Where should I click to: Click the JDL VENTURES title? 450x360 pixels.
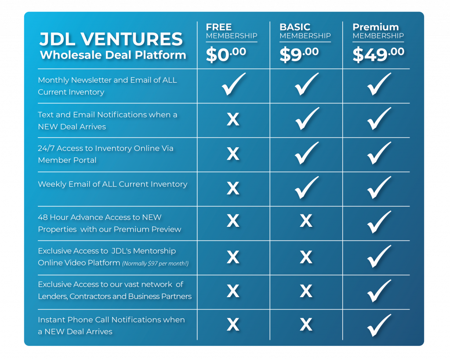[111, 39]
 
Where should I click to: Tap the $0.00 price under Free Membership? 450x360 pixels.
[226, 55]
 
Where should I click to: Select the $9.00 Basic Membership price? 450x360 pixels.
[299, 55]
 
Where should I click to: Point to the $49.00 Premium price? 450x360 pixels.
[378, 55]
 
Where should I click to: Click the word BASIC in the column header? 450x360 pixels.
[295, 27]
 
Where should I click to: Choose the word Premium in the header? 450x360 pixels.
[375, 27]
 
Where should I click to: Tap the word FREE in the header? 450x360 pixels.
[219, 27]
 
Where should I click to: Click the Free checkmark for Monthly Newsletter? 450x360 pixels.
[234, 84]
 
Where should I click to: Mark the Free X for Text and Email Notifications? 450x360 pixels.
[233, 119]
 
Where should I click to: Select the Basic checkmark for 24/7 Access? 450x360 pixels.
[307, 153]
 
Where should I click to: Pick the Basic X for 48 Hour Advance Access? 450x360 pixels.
[306, 221]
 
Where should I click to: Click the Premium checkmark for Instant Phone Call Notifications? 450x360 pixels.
[379, 325]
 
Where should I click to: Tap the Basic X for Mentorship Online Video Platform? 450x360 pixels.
[306, 257]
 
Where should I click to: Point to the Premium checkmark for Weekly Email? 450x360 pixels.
[379, 187]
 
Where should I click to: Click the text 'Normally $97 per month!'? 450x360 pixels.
[155, 264]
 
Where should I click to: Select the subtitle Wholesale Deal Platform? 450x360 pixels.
[113, 55]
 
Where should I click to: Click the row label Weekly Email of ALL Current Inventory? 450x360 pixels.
[112, 184]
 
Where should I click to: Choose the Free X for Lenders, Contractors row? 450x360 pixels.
[233, 291]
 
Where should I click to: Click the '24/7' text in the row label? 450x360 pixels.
[46, 149]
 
